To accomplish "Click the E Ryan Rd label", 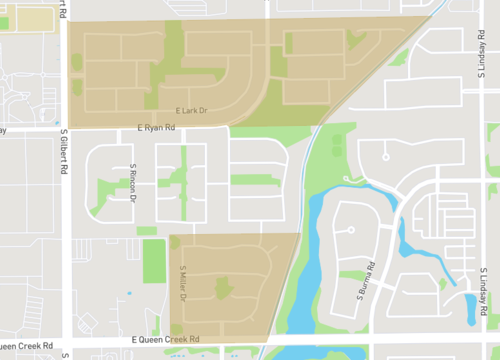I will (x=156, y=128).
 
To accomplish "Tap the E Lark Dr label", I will (x=190, y=110).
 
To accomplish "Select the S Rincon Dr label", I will (x=132, y=180).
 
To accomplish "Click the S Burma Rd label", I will (x=366, y=281).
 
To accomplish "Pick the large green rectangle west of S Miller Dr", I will (x=154, y=260).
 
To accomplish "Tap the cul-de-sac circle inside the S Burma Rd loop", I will (x=351, y=230).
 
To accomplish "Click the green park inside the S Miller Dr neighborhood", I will (x=222, y=289).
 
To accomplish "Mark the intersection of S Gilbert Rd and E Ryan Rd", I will (x=65, y=128).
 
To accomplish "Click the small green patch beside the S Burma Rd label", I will (x=352, y=274).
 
